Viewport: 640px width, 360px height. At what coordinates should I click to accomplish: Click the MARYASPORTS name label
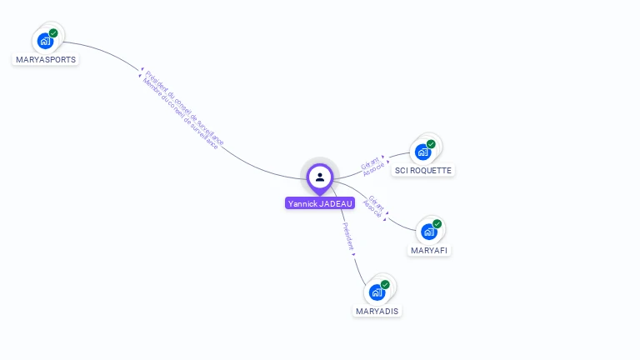point(46,60)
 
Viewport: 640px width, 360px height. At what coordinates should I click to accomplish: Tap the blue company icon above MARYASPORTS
point(45,41)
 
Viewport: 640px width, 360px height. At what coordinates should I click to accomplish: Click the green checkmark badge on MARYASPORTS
point(53,33)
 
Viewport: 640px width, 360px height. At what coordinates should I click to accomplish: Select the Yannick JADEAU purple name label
point(320,203)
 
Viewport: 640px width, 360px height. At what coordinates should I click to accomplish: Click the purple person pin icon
point(320,177)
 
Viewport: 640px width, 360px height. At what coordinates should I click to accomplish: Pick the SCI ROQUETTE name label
point(423,171)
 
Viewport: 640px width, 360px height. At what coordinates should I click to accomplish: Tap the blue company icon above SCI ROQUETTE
point(423,152)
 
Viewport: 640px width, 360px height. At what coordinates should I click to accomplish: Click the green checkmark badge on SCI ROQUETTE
point(431,144)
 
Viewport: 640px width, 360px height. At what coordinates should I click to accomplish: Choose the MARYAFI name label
point(431,250)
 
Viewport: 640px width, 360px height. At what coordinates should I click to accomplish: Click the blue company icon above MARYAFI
point(429,232)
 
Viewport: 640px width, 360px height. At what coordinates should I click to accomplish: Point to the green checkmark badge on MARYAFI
point(437,224)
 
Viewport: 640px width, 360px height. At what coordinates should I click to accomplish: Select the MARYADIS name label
point(377,311)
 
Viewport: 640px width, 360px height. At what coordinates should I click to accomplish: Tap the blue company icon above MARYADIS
point(377,292)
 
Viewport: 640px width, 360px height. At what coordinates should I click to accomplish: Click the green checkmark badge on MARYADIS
point(385,285)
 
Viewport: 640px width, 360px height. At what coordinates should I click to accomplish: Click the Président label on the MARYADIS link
point(348,237)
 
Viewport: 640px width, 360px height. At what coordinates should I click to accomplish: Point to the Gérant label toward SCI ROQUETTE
point(369,162)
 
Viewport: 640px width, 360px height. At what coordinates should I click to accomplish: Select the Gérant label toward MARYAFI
point(377,202)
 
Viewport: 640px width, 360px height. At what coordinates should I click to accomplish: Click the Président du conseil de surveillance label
point(185,107)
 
